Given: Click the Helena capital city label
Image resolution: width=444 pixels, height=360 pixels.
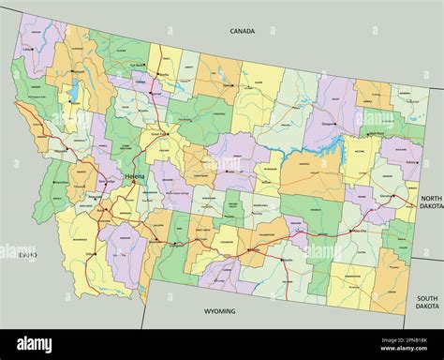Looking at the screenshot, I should click(135, 175).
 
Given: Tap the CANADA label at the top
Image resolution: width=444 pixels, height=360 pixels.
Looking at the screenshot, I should click(243, 31).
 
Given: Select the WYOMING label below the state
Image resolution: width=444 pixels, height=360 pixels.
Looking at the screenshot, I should click(220, 310).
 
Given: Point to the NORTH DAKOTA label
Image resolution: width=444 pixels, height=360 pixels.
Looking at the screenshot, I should click(430, 203).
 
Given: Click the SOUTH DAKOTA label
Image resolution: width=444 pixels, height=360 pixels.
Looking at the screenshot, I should click(426, 301).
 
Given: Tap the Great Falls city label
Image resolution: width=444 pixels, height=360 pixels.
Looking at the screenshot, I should click(160, 133).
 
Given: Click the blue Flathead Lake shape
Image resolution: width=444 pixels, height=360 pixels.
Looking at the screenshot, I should click(71, 92).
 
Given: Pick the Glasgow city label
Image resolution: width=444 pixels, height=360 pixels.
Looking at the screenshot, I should click(326, 122).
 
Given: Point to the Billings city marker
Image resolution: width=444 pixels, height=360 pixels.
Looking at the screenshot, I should click(251, 250).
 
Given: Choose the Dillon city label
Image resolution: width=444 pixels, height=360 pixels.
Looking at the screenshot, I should click(91, 254).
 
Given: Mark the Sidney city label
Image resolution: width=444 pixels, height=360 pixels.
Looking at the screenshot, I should click(412, 161).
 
